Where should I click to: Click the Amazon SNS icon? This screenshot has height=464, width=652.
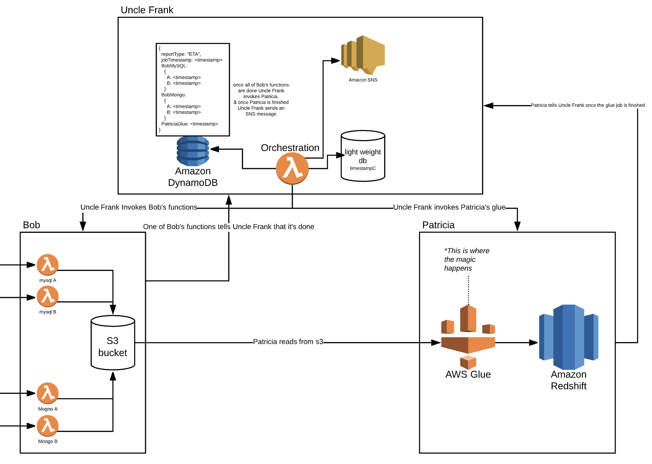(363, 54)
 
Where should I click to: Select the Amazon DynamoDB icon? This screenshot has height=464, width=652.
(193, 151)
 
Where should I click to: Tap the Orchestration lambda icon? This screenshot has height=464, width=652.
(292, 169)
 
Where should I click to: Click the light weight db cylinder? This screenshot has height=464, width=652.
(363, 156)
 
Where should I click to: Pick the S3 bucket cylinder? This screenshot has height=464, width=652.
(113, 343)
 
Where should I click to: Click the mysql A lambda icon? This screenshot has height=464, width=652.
(48, 265)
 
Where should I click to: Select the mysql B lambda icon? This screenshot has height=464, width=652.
(48, 296)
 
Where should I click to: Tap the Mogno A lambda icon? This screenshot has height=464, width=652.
(48, 393)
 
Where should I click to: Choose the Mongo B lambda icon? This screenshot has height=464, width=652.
(48, 426)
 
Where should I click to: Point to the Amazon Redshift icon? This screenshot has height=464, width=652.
(569, 337)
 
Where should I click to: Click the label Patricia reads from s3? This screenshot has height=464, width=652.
(288, 342)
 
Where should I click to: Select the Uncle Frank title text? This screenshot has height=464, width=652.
(147, 10)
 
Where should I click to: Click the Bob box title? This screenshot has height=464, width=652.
(32, 225)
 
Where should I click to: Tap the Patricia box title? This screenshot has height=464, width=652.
(438, 225)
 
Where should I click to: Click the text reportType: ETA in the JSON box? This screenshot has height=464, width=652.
(181, 54)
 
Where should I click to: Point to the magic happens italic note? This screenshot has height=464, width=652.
(466, 259)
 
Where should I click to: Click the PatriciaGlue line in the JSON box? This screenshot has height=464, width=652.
(190, 124)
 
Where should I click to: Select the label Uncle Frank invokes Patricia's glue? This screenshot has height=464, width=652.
(449, 207)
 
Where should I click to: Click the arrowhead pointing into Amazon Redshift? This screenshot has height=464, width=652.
(533, 343)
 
